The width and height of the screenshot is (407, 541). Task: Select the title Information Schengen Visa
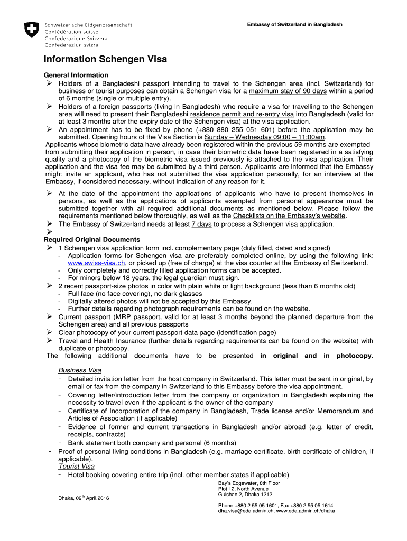(105, 59)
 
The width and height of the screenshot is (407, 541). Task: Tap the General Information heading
(76, 75)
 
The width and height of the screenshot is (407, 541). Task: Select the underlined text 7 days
(201, 224)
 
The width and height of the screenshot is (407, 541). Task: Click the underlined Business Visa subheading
(80, 370)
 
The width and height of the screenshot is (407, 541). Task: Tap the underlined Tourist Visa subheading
(77, 466)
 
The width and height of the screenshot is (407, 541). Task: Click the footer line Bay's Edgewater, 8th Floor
(249, 483)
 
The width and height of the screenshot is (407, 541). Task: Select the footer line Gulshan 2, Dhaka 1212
(245, 495)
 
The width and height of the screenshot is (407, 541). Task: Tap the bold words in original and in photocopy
(316, 356)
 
